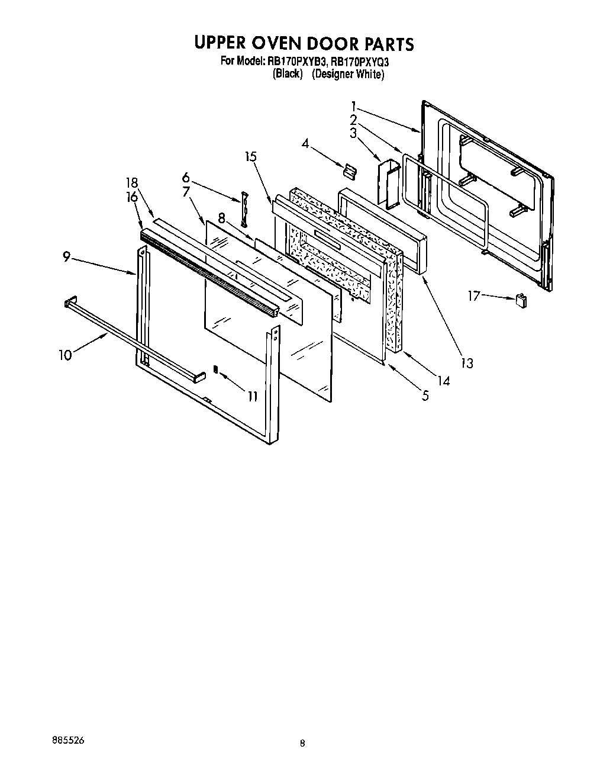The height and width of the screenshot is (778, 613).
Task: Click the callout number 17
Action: pos(474,295)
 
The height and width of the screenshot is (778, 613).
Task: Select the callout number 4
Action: pos(305,143)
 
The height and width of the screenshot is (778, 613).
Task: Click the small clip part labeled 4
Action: pos(349,171)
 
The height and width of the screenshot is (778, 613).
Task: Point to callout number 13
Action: pos(467,363)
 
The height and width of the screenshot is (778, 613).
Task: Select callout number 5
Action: pos(425,396)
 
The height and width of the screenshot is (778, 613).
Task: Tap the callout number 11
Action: pos(253,396)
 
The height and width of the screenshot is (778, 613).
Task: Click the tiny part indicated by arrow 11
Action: pos(216,369)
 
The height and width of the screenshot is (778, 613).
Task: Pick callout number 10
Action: pos(64,355)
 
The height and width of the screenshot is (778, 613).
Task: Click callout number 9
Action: pos(67,257)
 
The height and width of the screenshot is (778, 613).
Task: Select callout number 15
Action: pos(251,157)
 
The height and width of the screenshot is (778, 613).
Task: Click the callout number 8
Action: pos(222,218)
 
